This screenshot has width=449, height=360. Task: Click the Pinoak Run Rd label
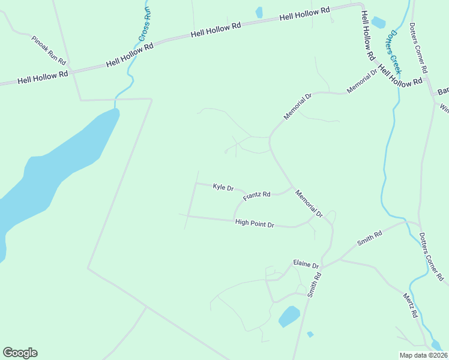(49, 50)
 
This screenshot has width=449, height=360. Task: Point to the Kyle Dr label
(223, 187)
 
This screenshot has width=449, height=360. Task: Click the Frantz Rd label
(257, 196)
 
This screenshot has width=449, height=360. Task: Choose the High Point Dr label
(255, 223)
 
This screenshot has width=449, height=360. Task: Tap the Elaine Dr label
(304, 263)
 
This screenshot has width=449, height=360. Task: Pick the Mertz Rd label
(410, 306)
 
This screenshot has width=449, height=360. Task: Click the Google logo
(20, 353)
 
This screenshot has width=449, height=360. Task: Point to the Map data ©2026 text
(423, 355)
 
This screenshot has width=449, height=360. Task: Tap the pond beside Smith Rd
(289, 316)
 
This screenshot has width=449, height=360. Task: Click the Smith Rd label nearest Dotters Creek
(369, 238)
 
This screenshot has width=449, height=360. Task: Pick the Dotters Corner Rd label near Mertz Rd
(432, 257)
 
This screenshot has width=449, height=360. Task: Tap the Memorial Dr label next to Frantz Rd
(309, 203)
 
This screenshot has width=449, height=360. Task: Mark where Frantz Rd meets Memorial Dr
(292, 187)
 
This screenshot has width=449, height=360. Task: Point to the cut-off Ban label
(443, 91)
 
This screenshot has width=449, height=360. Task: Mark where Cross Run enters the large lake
(115, 109)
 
